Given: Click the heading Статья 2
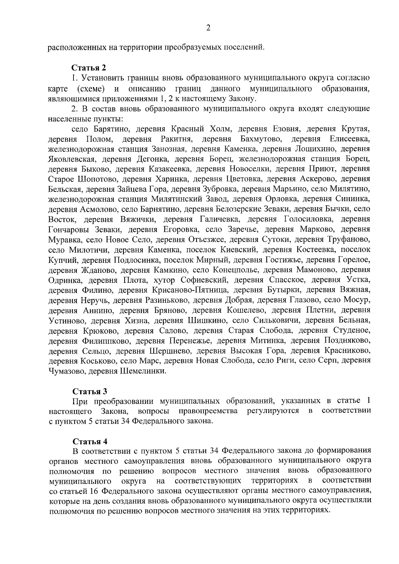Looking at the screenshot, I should tap(89, 68).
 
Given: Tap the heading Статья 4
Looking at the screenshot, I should tap(90, 442).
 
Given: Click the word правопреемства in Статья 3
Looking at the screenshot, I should tap(208, 411).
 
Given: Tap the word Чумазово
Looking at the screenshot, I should tap(66, 371).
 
